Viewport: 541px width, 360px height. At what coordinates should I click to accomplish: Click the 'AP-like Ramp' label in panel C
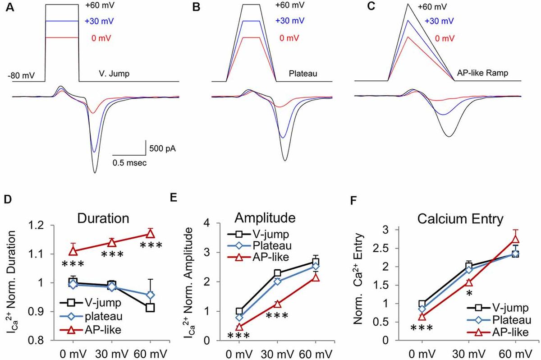[478, 72]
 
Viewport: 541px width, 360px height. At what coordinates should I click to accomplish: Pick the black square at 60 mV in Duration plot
[150, 308]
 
